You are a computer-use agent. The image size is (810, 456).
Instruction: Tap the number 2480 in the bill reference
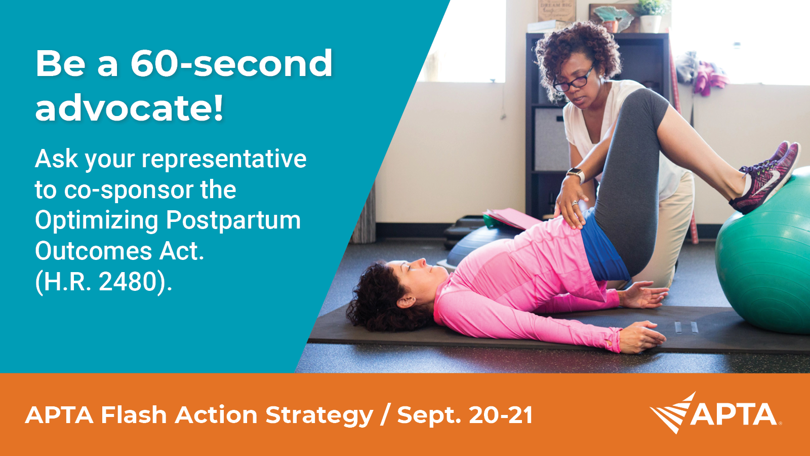click(x=127, y=282)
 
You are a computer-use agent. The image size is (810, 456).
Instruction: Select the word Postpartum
click(x=233, y=220)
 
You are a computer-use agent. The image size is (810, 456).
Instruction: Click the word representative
click(x=224, y=159)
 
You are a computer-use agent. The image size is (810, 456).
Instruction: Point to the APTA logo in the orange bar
click(x=716, y=413)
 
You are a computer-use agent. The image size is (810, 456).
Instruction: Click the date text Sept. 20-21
click(x=465, y=414)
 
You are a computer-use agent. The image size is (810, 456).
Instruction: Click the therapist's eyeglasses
click(x=573, y=81)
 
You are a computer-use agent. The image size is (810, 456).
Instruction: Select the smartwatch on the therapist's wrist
click(x=576, y=174)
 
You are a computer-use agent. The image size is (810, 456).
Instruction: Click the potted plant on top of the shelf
click(x=651, y=15)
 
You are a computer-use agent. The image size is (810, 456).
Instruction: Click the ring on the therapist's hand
click(x=575, y=203)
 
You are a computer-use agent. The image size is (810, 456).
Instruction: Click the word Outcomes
click(x=94, y=251)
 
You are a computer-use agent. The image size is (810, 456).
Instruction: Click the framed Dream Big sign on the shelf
click(x=556, y=11)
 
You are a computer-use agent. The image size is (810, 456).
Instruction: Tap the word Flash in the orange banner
click(x=134, y=414)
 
